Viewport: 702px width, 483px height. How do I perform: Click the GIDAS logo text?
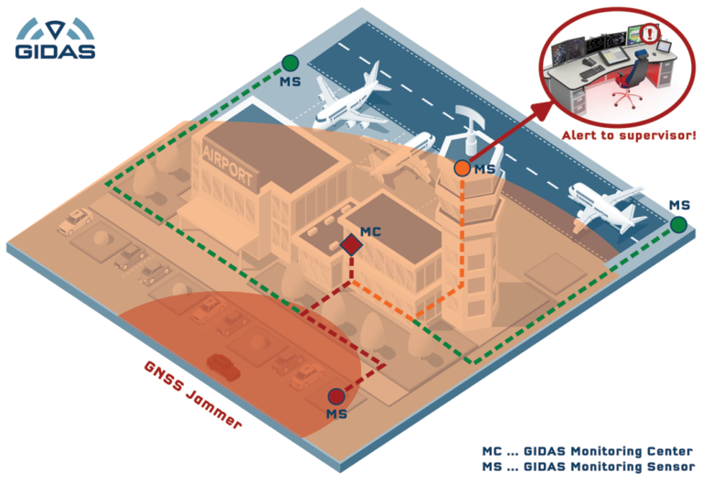55,51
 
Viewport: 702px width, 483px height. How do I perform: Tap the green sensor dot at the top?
290,63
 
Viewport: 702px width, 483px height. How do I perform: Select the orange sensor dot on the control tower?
463,168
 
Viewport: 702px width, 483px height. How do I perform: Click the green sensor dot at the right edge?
678,224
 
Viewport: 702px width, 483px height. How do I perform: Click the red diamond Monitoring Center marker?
349,245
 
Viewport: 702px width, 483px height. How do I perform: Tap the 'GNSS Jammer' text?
193,394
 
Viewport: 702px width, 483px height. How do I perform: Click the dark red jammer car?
225,365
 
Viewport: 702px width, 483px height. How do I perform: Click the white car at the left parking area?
73,220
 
